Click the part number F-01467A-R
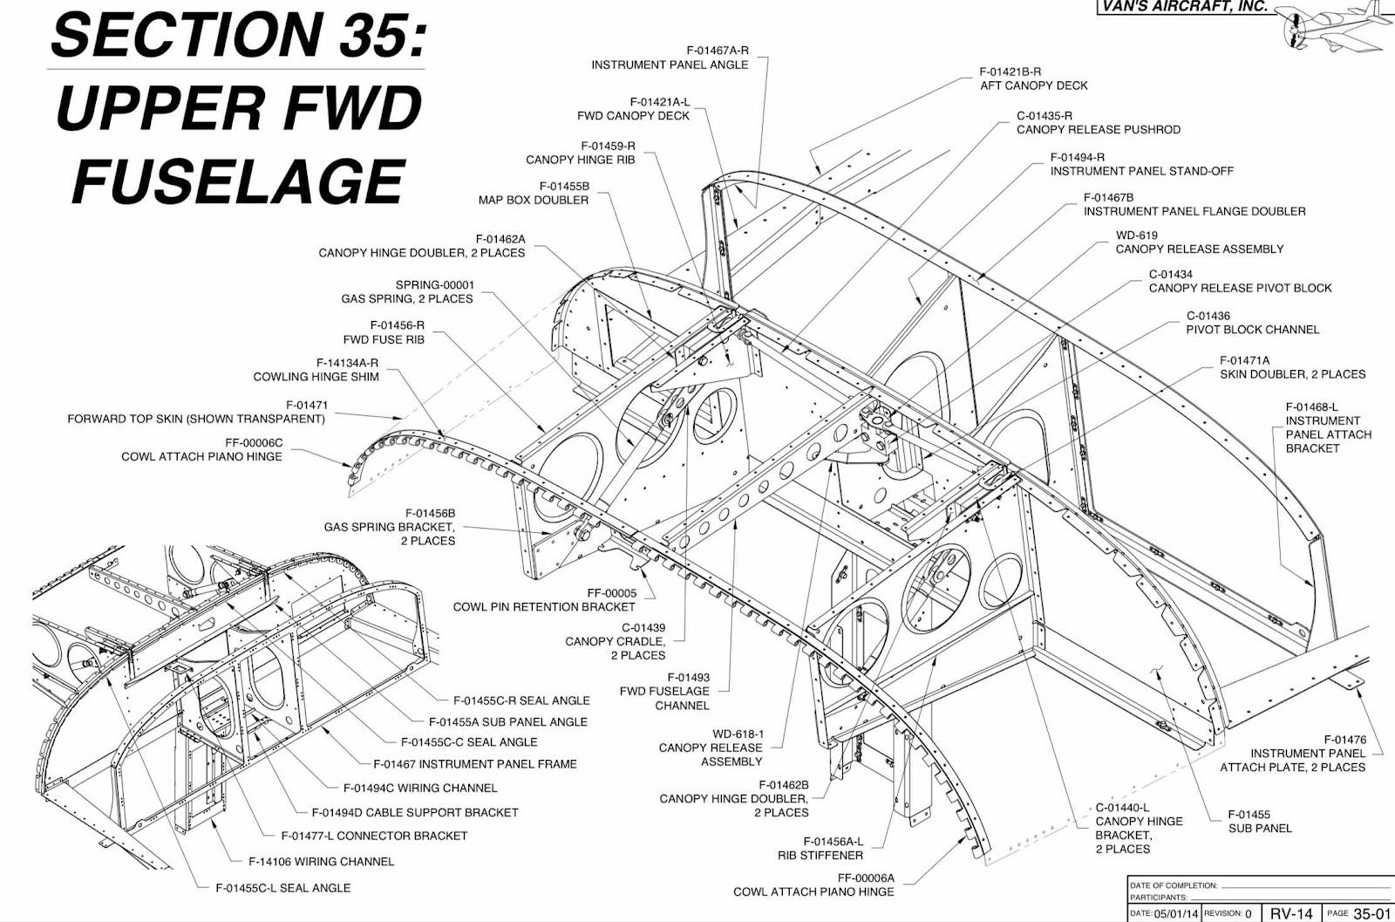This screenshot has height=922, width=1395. pos(717,51)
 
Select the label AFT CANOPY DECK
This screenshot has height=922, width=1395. pos(1034,85)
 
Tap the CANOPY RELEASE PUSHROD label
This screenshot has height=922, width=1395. pos(1099,129)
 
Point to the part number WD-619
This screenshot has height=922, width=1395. pos(1137,235)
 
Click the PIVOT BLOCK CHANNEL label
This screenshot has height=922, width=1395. pos(1252,330)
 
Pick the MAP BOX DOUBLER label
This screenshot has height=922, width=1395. pos(533,200)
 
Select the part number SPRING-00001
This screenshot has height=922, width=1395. pos(434,284)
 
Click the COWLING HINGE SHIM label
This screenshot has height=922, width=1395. pos(316,377)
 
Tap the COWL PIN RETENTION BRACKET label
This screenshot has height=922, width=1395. pos(544,607)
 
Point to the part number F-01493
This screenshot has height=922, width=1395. pos(688,677)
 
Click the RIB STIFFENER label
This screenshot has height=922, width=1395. pos(820,856)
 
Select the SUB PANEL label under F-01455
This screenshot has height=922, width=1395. pos(1260,828)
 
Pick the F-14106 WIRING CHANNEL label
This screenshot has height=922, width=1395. pos(322,861)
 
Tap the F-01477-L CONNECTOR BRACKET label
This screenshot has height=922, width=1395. pos(374,836)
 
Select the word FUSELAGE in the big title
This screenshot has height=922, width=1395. pos(238,181)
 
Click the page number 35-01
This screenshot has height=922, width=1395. pos(1371,913)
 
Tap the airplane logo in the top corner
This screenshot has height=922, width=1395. pos(1331,26)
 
